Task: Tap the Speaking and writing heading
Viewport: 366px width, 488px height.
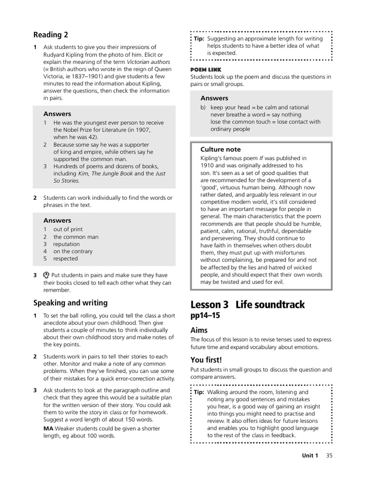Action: (x=70, y=303)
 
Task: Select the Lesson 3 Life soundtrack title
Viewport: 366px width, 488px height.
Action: (x=247, y=305)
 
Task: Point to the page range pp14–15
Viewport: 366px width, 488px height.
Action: (x=205, y=315)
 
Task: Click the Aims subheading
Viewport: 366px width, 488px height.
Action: (x=199, y=330)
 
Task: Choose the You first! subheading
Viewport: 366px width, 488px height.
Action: (x=206, y=360)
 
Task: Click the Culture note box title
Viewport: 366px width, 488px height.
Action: (x=221, y=149)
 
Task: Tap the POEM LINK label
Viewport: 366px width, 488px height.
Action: (x=206, y=70)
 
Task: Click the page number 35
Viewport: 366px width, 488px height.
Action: (x=329, y=455)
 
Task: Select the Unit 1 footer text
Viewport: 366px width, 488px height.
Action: (x=310, y=455)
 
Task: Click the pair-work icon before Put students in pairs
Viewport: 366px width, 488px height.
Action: (x=46, y=275)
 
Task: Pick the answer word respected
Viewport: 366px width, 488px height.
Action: (x=65, y=259)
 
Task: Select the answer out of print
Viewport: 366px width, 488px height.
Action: (x=68, y=229)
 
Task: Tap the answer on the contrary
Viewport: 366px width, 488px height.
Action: (x=73, y=251)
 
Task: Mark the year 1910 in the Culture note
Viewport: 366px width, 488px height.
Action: (x=207, y=165)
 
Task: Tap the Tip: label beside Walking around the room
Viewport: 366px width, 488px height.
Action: (x=199, y=392)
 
